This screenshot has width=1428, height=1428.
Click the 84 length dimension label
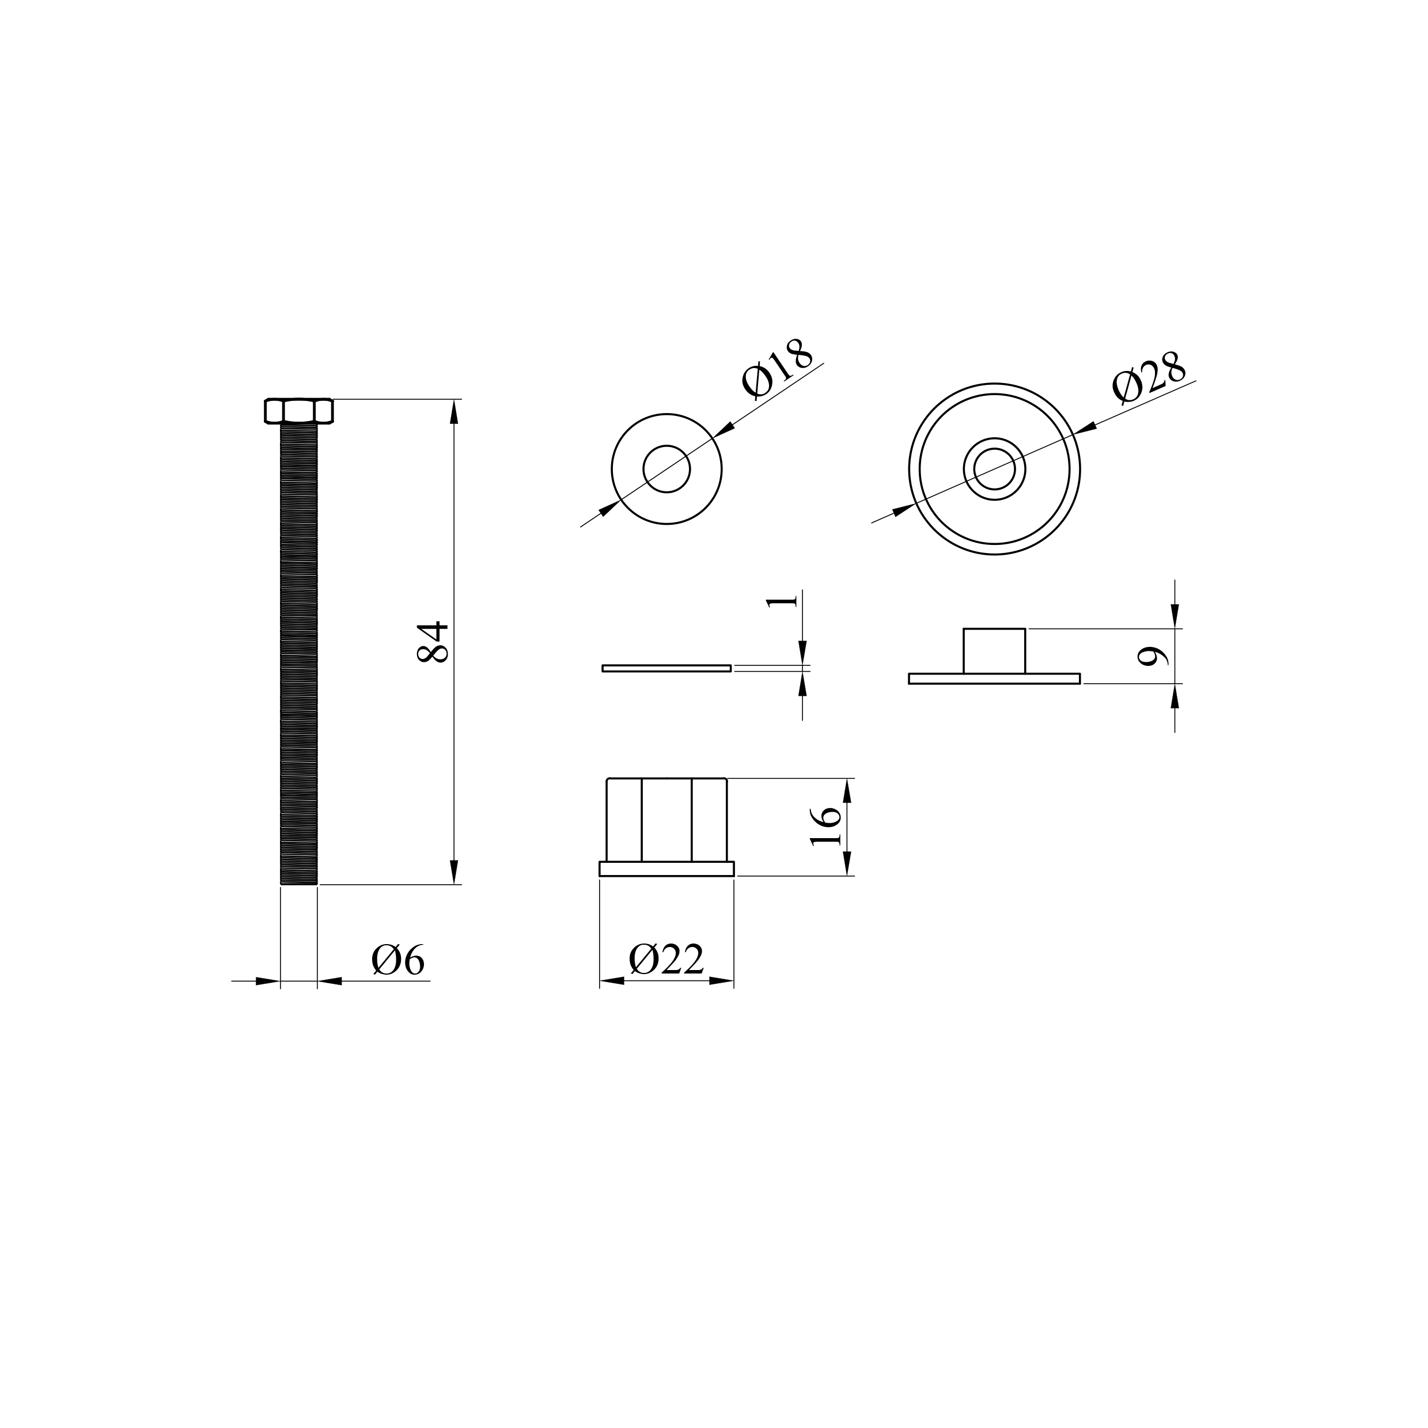click(433, 642)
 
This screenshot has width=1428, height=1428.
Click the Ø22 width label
click(666, 960)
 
